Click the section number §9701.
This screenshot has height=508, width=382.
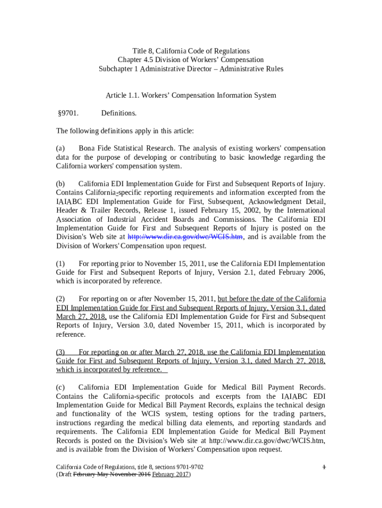pyautogui.click(x=69, y=113)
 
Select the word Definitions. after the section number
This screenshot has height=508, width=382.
pyautogui.click(x=119, y=113)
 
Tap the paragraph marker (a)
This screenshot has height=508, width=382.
pyautogui.click(x=61, y=148)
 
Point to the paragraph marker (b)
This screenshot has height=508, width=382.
pyautogui.click(x=61, y=184)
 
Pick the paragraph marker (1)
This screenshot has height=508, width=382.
pyautogui.click(x=61, y=263)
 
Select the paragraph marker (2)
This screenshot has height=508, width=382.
pyautogui.click(x=61, y=299)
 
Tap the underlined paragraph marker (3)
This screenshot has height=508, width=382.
pyautogui.click(x=61, y=352)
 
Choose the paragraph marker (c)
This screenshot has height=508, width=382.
pyautogui.click(x=61, y=387)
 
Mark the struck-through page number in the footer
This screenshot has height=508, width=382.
pyautogui.click(x=324, y=467)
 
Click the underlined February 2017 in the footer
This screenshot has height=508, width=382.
pyautogui.click(x=170, y=474)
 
